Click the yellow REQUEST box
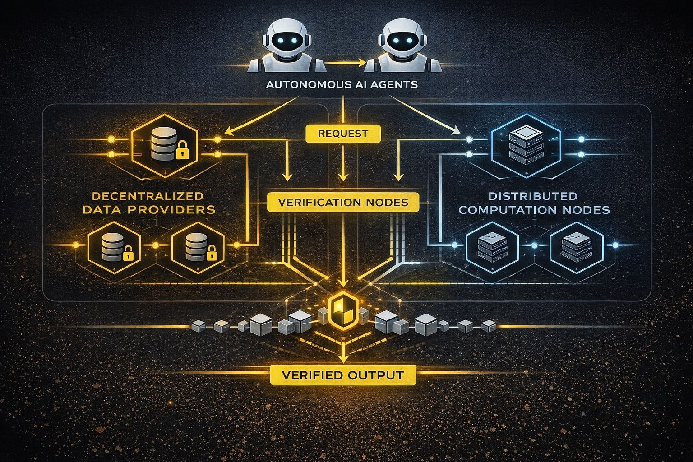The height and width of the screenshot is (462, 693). tap(343, 134)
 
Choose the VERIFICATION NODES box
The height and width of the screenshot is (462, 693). tap(343, 202)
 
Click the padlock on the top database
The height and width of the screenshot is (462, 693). tap(182, 151)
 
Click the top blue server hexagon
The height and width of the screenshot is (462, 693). tap(526, 143)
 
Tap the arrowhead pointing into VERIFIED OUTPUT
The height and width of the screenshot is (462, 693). tap(343, 359)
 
